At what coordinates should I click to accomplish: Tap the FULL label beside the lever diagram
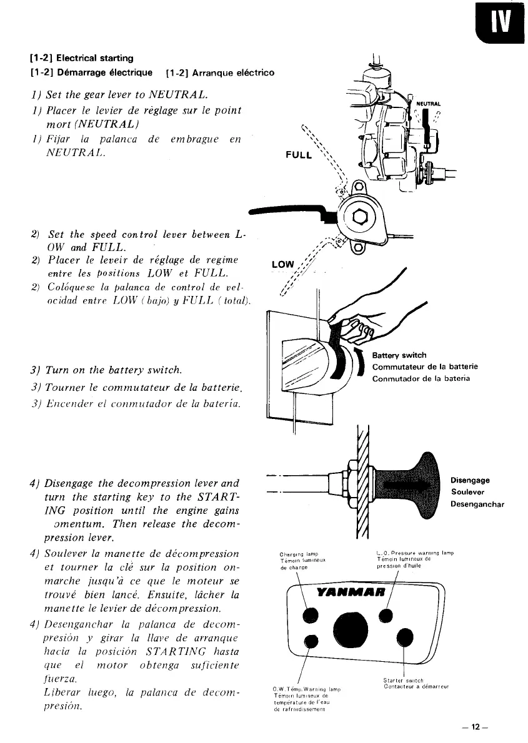point(299,154)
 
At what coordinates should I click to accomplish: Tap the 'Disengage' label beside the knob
point(469,480)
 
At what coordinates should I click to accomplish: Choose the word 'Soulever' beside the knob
point(467,492)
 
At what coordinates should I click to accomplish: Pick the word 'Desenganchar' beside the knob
point(477,504)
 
